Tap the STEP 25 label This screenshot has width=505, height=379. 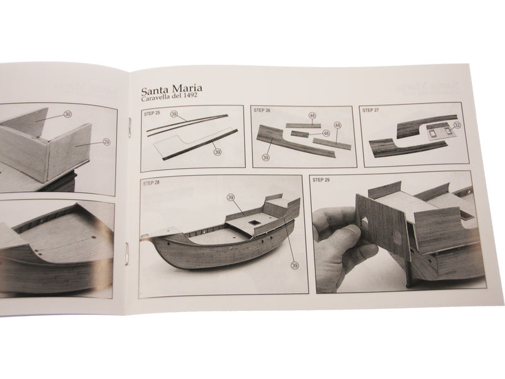click(x=153, y=112)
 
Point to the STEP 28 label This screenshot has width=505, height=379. click(x=152, y=184)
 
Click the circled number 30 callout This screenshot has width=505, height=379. click(x=68, y=114)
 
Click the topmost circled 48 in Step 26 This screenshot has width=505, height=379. click(x=312, y=116)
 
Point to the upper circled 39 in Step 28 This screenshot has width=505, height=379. click(x=232, y=198)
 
